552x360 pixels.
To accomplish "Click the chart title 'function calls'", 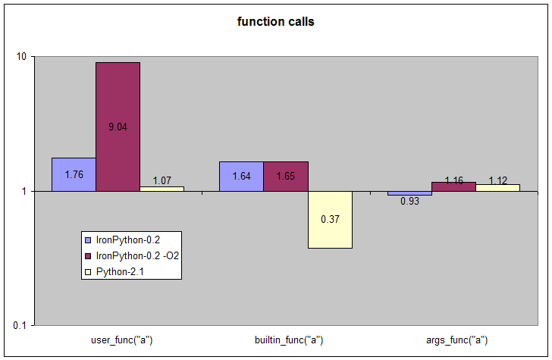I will pos(276,21).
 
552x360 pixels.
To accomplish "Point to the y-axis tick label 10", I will pos(20,57).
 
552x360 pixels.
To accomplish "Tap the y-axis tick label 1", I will pos(24,192).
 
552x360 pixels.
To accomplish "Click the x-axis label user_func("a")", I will pos(117,340).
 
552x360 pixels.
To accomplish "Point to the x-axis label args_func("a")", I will pos(453,340).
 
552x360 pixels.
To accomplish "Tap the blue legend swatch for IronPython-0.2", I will pos(88,239).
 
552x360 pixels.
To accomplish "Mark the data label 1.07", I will pos(162,181).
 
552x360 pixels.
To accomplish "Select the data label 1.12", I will pos(497,180).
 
